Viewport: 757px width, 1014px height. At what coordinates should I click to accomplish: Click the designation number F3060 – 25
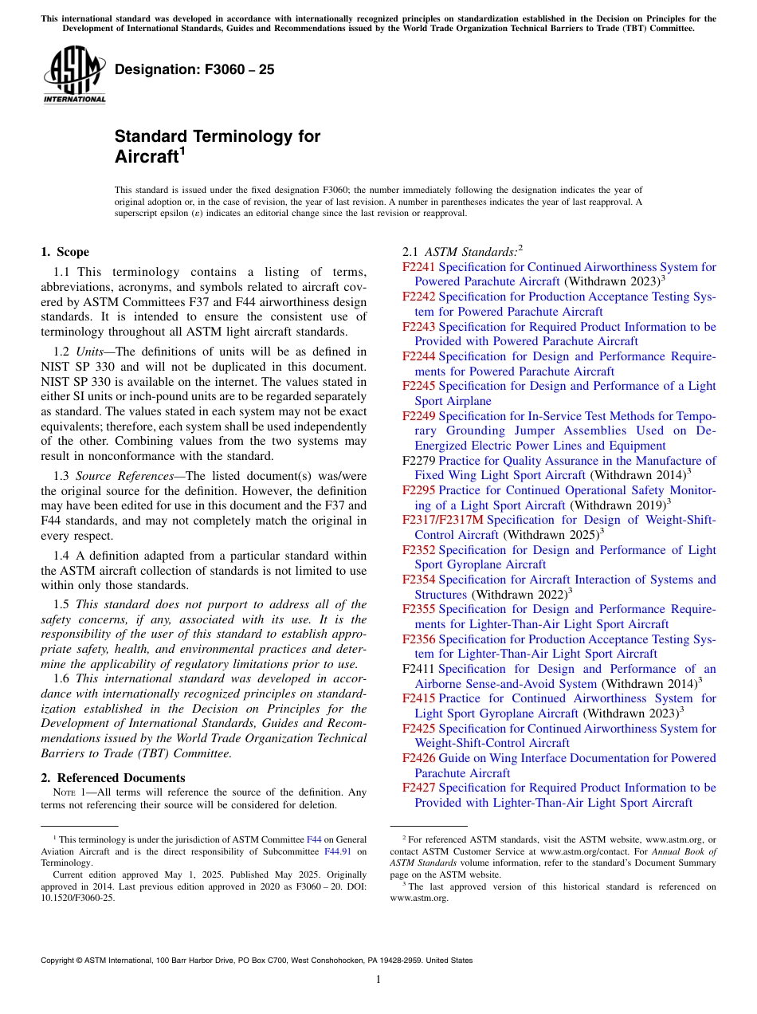click(x=194, y=69)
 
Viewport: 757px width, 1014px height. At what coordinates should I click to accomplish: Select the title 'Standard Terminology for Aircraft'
click(x=217, y=146)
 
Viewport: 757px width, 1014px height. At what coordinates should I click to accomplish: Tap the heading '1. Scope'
click(x=65, y=252)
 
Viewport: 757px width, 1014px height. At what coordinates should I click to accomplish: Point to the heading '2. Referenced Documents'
click(x=112, y=778)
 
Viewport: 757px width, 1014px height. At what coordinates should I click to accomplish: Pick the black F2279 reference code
click(x=418, y=461)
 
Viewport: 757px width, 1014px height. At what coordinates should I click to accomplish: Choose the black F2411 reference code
click(x=418, y=669)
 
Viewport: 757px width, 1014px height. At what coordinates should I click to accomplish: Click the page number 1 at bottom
click(x=378, y=980)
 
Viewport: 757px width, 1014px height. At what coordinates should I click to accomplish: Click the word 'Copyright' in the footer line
click(x=59, y=961)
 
